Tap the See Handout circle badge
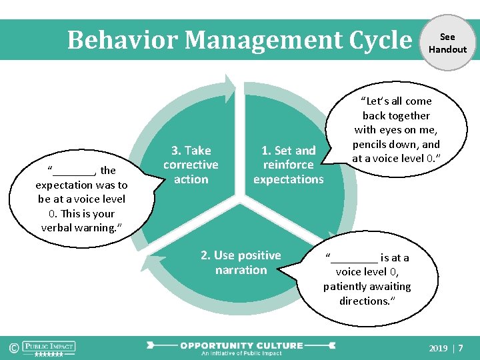coord(447,43)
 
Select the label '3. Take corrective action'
coord(191,165)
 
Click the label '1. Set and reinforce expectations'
coord(288,165)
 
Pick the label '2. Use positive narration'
coord(241,263)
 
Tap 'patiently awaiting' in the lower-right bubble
coord(367,287)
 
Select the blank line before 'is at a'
coord(353,258)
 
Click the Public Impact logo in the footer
coord(49,347)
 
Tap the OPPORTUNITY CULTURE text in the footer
coord(241,345)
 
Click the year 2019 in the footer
coord(438,348)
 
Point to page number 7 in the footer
coord(461,348)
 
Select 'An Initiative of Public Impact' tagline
coord(241,353)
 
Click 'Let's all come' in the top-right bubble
coord(397,101)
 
